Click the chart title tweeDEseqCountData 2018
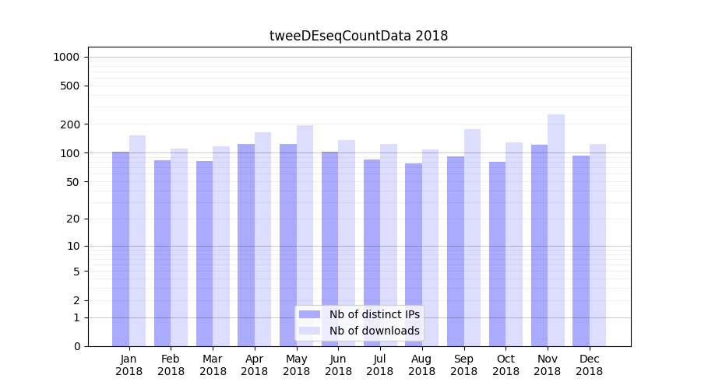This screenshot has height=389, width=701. (358, 36)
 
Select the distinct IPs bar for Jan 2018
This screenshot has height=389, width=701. (121, 249)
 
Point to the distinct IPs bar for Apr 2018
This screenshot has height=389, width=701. (246, 245)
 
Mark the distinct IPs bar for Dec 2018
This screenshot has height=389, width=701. (581, 251)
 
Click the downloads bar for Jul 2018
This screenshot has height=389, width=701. (389, 245)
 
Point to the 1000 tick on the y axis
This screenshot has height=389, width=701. (65, 57)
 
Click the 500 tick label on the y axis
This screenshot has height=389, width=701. (70, 86)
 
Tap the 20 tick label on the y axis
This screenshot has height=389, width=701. (73, 219)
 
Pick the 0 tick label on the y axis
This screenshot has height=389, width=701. (76, 346)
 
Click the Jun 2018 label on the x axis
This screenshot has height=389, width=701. (338, 365)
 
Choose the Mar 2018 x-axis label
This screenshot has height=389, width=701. (213, 365)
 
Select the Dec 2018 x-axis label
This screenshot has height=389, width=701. (589, 365)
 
